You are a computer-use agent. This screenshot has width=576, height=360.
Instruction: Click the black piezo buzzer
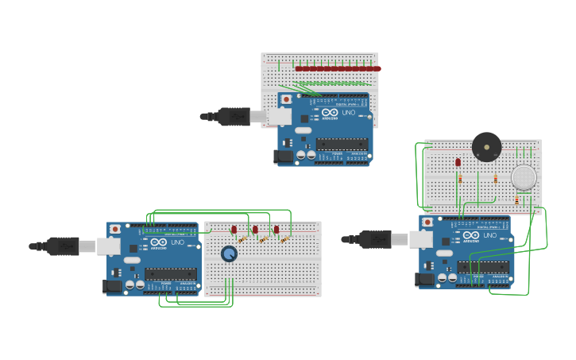point(486,146)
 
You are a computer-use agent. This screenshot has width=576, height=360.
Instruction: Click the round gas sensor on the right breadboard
point(524,177)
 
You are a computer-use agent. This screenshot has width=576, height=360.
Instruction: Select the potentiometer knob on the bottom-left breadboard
point(229,254)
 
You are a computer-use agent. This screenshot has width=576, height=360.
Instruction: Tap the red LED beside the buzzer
point(458,162)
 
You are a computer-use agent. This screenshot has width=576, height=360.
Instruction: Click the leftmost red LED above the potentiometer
point(234,230)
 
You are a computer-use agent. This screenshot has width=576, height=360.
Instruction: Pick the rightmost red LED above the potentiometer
point(276,230)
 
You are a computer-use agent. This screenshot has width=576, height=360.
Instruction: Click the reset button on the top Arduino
point(286,99)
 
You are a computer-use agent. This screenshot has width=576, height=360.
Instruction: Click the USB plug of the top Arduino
point(234,117)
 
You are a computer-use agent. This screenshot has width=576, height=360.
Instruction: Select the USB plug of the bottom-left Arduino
point(63,246)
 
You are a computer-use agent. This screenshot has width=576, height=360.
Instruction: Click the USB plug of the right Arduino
point(376,238)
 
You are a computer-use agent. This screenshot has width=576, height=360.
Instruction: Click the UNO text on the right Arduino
point(489,235)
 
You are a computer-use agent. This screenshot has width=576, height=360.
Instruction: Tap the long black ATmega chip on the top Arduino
point(342,144)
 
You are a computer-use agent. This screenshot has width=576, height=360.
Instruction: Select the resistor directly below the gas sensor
point(517,201)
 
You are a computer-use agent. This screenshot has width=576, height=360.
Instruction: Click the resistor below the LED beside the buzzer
point(459,180)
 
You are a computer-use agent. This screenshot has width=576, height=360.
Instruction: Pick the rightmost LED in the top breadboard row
point(377,68)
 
